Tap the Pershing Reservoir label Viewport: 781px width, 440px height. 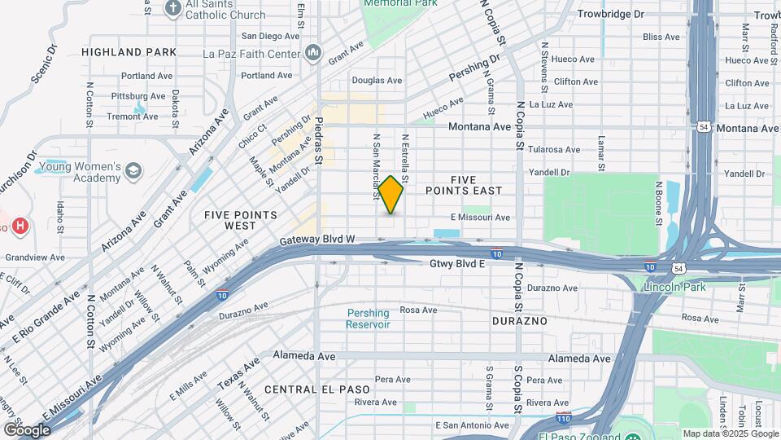368,319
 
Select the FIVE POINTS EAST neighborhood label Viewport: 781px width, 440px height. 476,184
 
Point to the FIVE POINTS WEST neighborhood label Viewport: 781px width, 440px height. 241,220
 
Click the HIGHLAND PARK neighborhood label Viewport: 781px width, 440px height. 129,52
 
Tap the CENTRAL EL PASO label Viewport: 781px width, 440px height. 311,389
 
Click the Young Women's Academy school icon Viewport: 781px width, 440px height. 133,171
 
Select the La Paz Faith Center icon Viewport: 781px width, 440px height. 314,55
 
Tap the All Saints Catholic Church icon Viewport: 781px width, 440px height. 172,8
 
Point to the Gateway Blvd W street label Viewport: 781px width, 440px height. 317,240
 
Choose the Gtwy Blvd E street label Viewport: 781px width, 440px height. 457,264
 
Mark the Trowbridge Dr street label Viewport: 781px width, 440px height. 610,14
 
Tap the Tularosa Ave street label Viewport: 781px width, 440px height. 553,150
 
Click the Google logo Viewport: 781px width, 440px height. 27,429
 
